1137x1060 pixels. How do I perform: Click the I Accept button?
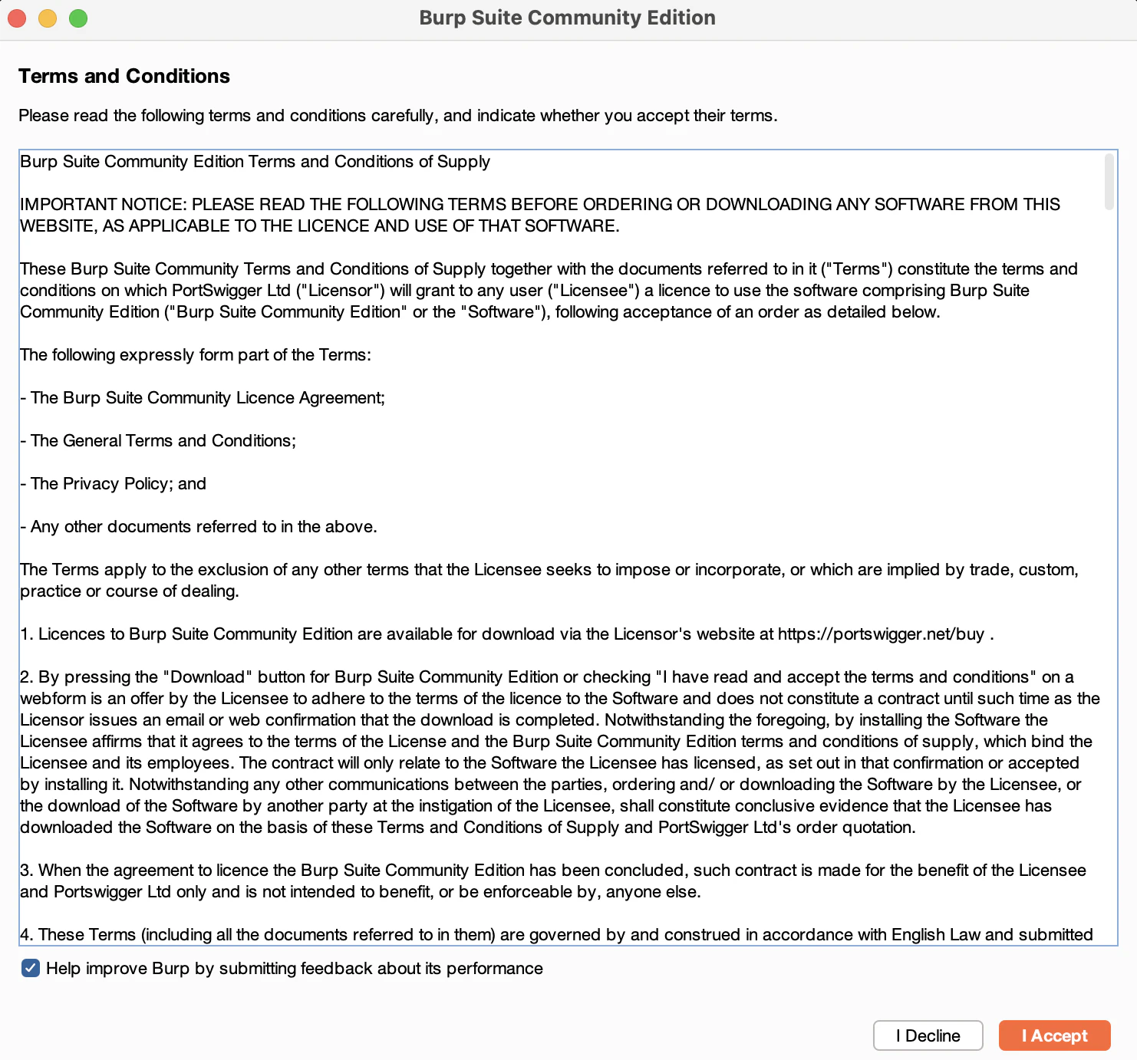1054,1035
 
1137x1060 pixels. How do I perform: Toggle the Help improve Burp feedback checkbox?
31,968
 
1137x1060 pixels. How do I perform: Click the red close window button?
17,18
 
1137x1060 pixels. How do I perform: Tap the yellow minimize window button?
48,18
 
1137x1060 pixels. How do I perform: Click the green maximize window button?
78,18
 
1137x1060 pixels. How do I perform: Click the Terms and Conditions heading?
124,76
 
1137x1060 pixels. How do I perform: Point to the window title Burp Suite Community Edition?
567,18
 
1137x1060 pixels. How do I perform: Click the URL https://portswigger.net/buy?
881,634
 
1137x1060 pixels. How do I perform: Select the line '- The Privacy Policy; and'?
114,484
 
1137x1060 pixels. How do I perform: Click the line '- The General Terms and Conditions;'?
158,441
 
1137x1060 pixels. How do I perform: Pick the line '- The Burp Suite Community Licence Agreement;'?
203,398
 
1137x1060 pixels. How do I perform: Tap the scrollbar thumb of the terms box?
1109,182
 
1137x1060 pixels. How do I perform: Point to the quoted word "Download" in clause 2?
207,677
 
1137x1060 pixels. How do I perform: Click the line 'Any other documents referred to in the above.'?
203,527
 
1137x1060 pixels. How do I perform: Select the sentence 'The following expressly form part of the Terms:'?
196,355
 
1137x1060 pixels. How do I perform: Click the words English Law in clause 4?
935,935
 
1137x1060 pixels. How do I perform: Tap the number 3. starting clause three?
27,871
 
